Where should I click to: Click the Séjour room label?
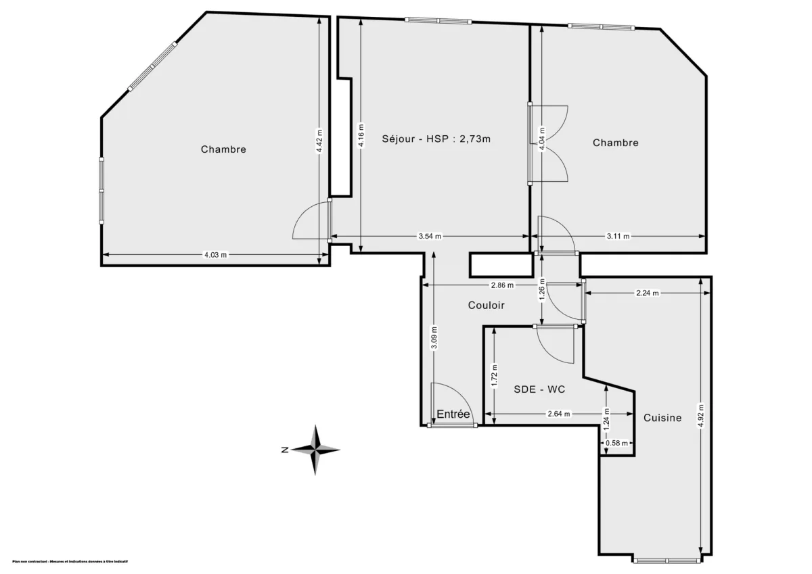(435, 139)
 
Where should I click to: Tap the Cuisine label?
(662, 418)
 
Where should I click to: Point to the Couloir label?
(487, 306)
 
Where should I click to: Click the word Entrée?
(453, 414)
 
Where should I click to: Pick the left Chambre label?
(223, 149)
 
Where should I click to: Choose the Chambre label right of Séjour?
(616, 143)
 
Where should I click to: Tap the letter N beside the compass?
(286, 450)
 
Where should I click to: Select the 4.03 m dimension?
(216, 255)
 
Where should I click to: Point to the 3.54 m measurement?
(430, 236)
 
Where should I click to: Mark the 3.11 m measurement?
(618, 236)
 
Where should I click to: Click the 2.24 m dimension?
(648, 293)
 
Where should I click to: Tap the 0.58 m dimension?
(616, 443)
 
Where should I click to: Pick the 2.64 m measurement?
(558, 414)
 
